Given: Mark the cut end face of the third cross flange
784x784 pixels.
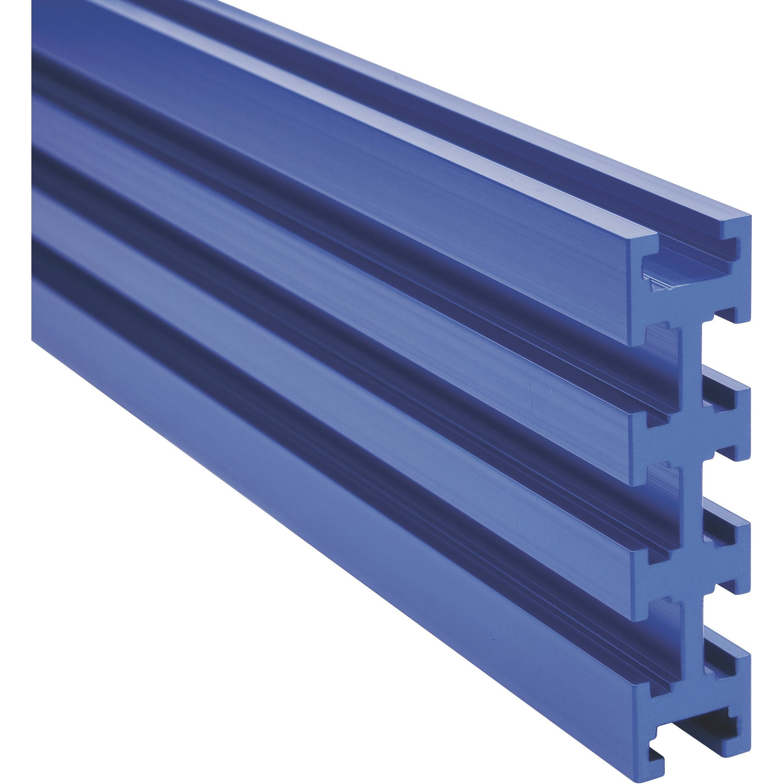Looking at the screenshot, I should pos(690,562).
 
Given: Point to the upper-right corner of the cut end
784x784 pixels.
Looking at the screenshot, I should pos(749,217).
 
